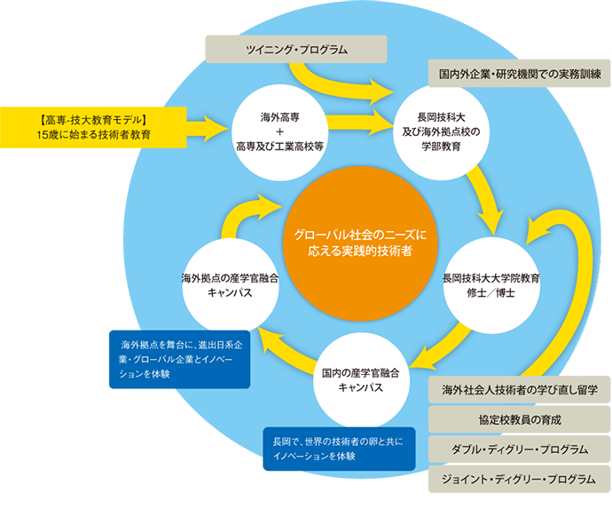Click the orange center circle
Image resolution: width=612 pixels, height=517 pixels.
(361, 243)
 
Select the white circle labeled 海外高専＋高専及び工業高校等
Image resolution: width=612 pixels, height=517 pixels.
(279, 131)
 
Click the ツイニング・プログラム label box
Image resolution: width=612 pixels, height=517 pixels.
(296, 49)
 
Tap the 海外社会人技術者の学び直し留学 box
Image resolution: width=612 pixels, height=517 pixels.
(520, 390)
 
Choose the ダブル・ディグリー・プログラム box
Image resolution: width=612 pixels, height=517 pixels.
(520, 449)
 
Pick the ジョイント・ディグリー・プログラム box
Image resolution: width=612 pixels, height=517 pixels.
(520, 479)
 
